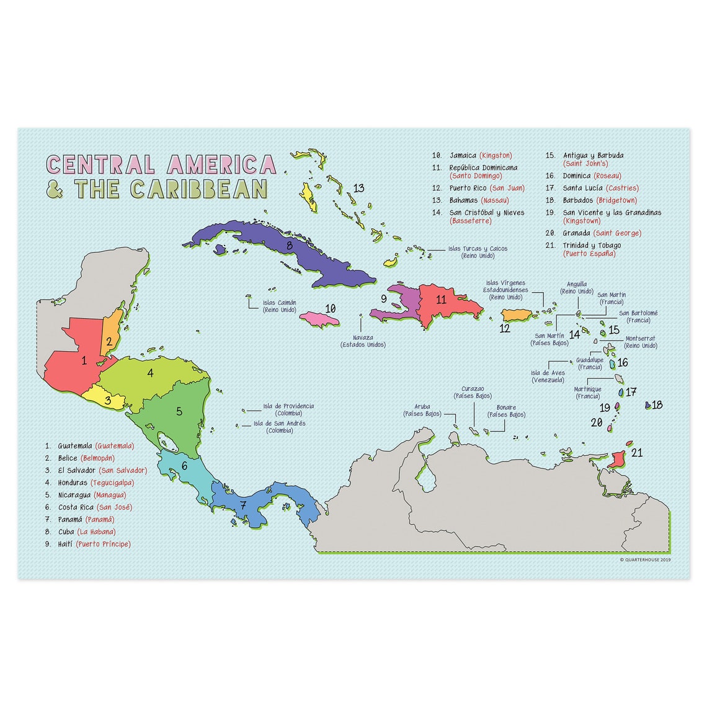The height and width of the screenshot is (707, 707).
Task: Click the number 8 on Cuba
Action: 289,244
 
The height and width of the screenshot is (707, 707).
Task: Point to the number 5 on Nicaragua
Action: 179,411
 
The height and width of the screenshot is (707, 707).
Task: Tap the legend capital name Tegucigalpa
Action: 112,482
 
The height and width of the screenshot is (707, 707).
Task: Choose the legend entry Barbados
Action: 578,200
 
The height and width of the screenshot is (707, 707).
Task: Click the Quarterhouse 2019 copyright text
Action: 646,559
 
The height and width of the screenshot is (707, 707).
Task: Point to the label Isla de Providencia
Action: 288,406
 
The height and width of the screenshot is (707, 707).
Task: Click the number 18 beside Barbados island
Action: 657,405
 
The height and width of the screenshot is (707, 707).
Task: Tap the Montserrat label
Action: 641,339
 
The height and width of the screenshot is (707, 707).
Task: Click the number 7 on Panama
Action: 242,505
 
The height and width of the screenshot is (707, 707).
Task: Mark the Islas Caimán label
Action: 279,303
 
